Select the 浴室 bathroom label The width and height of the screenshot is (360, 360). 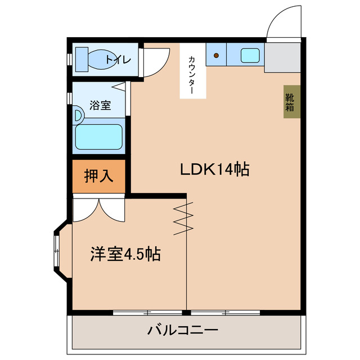(100, 105)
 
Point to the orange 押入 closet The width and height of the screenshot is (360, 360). (98, 177)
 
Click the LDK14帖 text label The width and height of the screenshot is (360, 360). (214, 169)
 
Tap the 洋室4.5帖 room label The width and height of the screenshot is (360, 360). (125, 254)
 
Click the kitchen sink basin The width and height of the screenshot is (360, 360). (249, 55)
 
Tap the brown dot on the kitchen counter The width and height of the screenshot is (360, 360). (217, 56)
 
